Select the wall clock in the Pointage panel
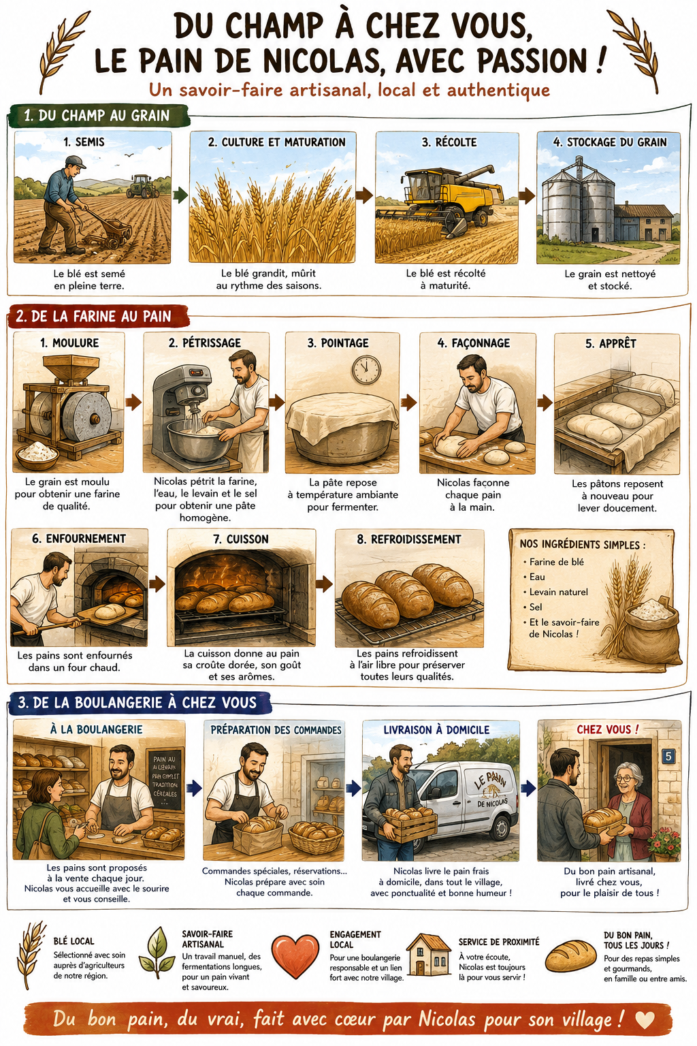coord(366,370)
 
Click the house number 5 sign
coord(668,756)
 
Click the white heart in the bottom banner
coord(645,1020)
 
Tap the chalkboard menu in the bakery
coord(165,780)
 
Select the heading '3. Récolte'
coord(449,142)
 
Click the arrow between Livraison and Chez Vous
coord(528,789)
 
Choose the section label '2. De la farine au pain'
coord(94,317)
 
